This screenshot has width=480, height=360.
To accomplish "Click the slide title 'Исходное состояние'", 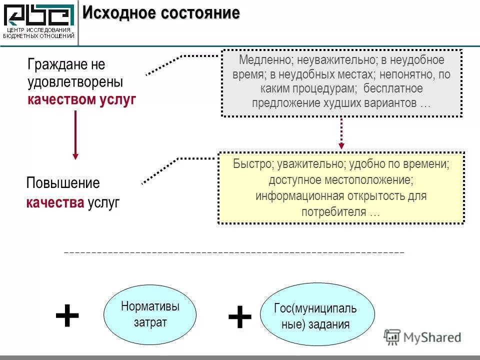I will [x=161, y=13].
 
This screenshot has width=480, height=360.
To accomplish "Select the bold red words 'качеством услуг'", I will [x=82, y=99].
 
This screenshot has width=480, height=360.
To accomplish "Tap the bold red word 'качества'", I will [x=55, y=202].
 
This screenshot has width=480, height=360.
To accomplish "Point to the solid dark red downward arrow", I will [x=75, y=135].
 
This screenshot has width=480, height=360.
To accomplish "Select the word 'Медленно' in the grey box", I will [x=262, y=60].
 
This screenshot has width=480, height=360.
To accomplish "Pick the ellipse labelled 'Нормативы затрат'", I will [x=150, y=314].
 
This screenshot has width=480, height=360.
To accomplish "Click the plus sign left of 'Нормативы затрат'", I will [x=67, y=316].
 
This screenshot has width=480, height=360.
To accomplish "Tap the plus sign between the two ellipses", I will [x=239, y=317].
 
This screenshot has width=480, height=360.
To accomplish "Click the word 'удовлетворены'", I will [x=75, y=82].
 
